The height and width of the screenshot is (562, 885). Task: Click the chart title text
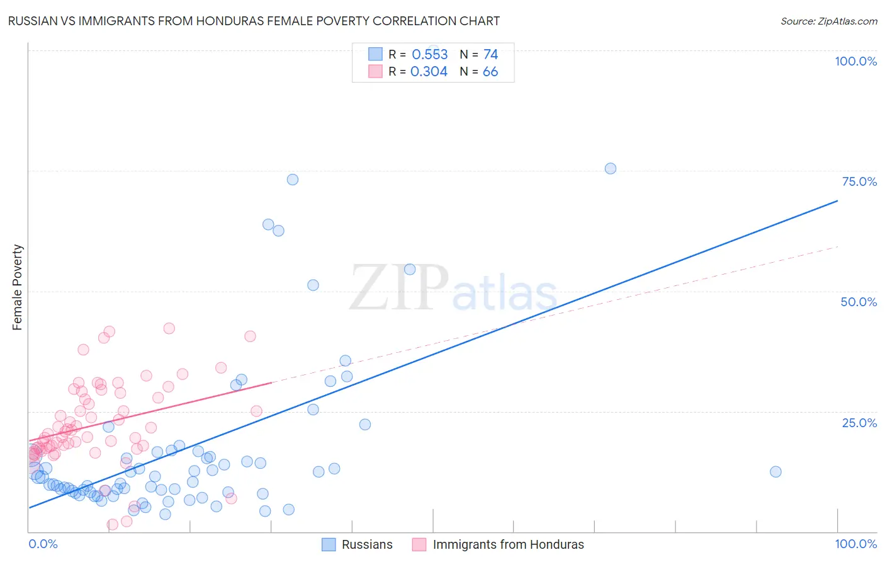point(254,21)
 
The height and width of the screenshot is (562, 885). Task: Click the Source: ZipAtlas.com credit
point(828,21)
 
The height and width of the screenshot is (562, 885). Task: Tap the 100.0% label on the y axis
point(855,61)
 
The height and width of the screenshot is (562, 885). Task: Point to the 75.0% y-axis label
point(859,181)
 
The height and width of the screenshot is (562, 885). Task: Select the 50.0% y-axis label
point(859,302)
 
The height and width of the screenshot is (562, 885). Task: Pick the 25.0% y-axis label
point(859,422)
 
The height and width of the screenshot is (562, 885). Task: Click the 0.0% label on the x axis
point(43,544)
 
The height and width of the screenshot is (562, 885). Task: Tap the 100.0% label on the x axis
point(855,544)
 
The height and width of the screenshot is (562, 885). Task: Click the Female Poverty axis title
point(18,287)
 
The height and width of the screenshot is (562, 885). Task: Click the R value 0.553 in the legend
point(429,55)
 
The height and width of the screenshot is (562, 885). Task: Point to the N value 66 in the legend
point(490,72)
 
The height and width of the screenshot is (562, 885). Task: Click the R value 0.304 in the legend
point(429,72)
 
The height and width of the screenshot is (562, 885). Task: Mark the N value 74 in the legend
point(490,55)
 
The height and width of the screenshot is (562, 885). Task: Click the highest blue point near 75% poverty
point(610,168)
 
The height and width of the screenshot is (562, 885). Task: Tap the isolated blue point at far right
point(775,472)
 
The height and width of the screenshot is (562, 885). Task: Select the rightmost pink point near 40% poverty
point(250,336)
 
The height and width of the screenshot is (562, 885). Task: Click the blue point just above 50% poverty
point(313,285)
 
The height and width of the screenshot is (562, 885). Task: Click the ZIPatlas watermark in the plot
point(453,289)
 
